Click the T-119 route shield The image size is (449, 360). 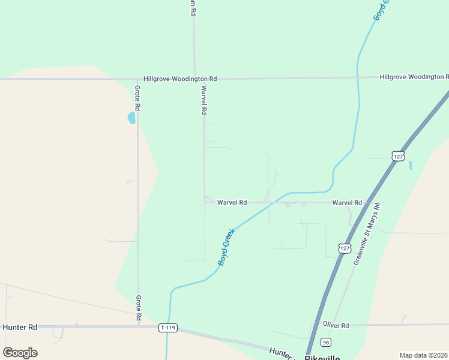[x=168, y=328]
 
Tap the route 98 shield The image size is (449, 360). [x=325, y=342]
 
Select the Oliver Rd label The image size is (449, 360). [x=336, y=325]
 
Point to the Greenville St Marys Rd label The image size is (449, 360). [x=367, y=234]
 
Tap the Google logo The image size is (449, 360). [x=20, y=353]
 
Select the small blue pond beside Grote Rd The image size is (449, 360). [x=131, y=118]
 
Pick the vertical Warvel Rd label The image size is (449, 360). [x=204, y=100]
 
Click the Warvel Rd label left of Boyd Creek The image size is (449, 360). [x=232, y=203]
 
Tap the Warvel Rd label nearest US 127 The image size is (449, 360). [x=347, y=203]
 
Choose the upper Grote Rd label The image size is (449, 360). [x=137, y=98]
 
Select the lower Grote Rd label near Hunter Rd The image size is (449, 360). [x=138, y=307]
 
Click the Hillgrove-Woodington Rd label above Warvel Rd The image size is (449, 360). [x=180, y=79]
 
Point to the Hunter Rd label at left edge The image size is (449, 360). [x=20, y=327]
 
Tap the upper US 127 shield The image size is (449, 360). [x=398, y=156]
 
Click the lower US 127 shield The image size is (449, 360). [x=343, y=248]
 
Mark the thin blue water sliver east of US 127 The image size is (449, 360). [x=411, y=165]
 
